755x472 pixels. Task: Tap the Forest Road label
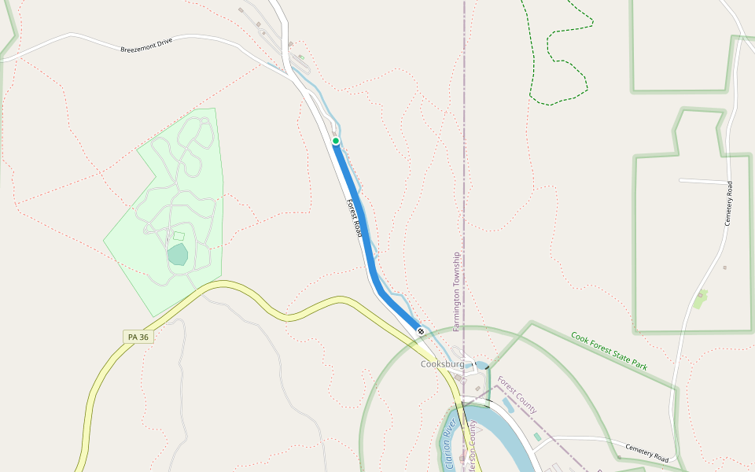pyautogui.click(x=354, y=218)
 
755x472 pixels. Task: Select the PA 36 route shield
pyautogui.click(x=138, y=337)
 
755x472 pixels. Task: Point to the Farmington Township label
pyautogui.click(x=456, y=291)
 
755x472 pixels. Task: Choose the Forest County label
pyautogui.click(x=517, y=396)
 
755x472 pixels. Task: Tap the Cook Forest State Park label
pyautogui.click(x=609, y=351)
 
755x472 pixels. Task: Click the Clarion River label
pyautogui.click(x=451, y=445)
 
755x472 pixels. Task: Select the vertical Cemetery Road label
pyautogui.click(x=729, y=204)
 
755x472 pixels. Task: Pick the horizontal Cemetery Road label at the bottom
pyautogui.click(x=646, y=453)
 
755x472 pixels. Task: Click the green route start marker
pyautogui.click(x=336, y=141)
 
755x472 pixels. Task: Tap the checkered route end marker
pyautogui.click(x=422, y=331)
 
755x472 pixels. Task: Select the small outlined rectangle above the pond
pyautogui.click(x=179, y=236)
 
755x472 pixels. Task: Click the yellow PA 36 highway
pyautogui.click(x=236, y=287)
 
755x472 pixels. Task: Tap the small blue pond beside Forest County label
pyautogui.click(x=508, y=404)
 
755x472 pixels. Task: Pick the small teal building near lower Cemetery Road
pyautogui.click(x=537, y=436)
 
